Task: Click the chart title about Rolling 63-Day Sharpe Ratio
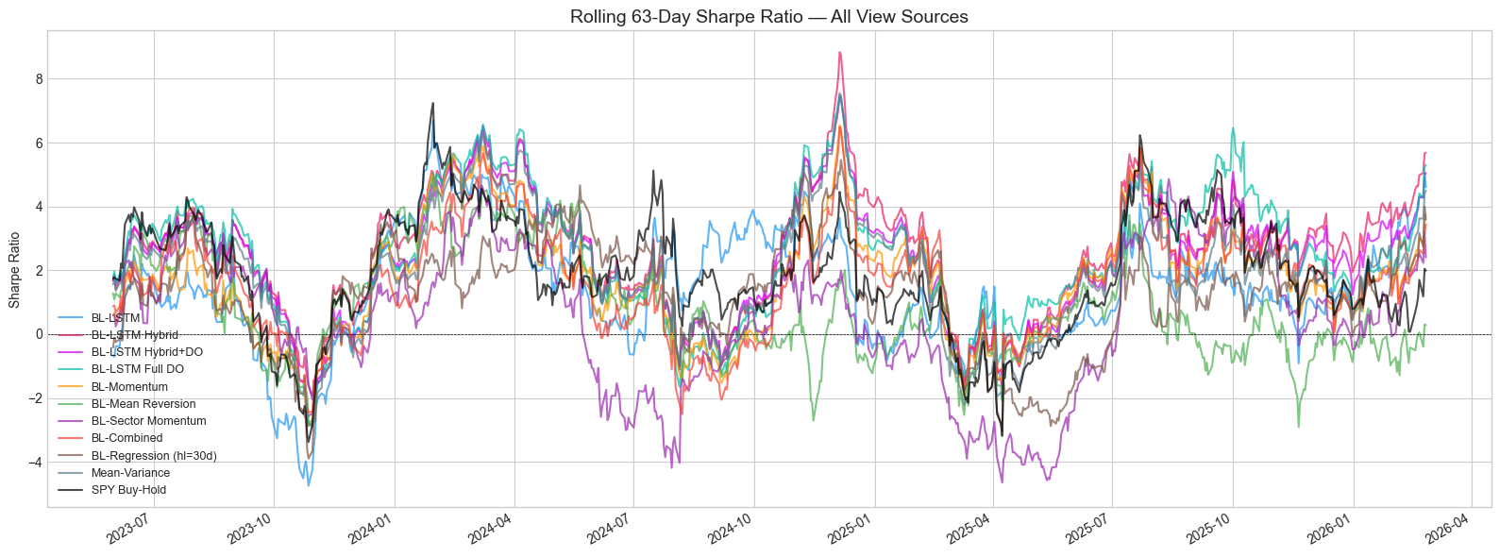tap(768, 16)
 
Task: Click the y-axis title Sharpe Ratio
tap(14, 270)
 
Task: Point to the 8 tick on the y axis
tap(39, 79)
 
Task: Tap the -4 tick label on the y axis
tap(36, 463)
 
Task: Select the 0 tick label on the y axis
tap(39, 334)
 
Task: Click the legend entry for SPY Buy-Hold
tap(128, 490)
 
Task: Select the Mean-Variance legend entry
tap(130, 473)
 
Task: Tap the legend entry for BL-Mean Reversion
tap(143, 404)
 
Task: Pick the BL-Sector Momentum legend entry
tap(148, 421)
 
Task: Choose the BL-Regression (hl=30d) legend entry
tap(154, 456)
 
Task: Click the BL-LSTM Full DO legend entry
tap(138, 369)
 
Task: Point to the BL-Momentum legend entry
tap(129, 387)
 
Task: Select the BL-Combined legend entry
tap(126, 438)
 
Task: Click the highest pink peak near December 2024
tap(839, 53)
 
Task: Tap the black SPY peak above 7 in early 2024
tap(432, 103)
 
